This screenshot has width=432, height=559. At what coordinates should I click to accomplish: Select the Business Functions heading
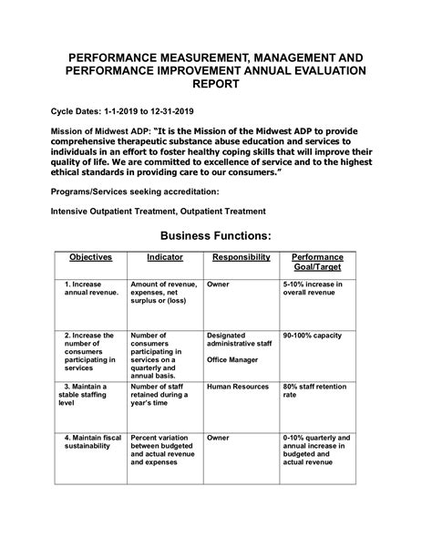click(x=215, y=236)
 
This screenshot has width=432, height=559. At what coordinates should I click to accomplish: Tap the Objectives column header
click(x=89, y=258)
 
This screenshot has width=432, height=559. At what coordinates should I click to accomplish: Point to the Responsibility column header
click(x=241, y=258)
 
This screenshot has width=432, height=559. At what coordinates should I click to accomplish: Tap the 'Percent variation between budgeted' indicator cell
click(x=164, y=450)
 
